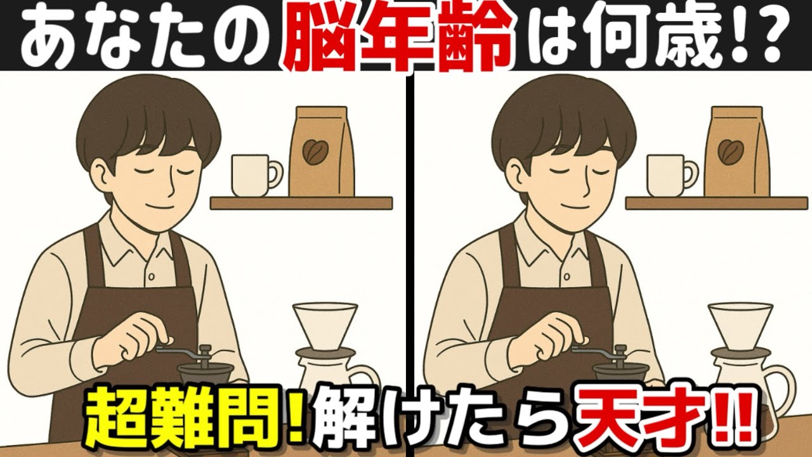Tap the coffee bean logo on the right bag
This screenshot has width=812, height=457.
(730, 150)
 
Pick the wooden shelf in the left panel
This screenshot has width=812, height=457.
(301, 203)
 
